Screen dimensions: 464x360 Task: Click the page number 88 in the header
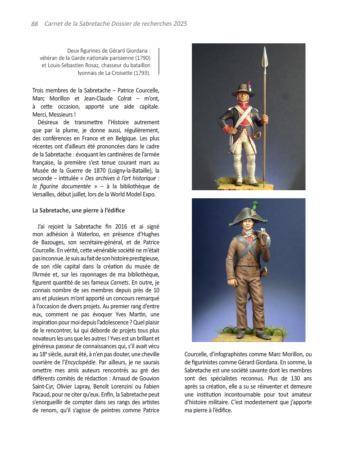35,24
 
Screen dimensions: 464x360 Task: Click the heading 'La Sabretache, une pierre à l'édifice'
79,211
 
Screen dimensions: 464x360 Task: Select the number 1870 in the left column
92,170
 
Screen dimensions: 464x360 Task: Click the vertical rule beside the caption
159,61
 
